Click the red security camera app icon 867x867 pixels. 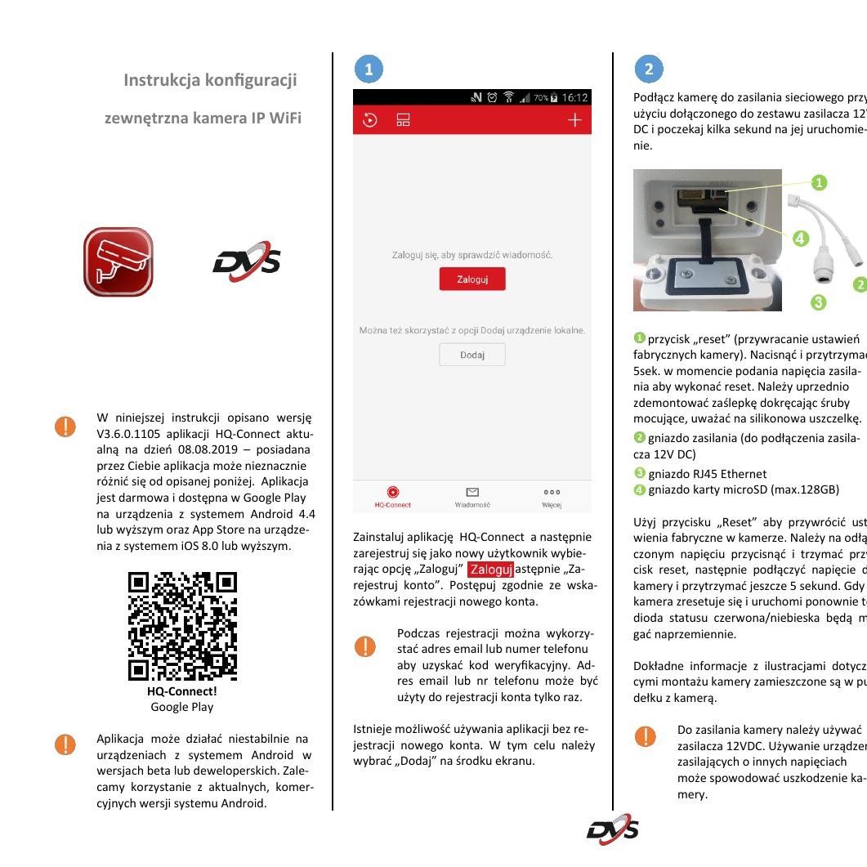point(118,262)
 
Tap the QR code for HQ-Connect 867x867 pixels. point(182,627)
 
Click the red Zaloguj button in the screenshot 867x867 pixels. point(472,279)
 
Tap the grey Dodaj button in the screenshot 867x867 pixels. point(472,355)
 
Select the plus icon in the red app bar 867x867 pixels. point(574,120)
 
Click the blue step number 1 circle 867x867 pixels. point(369,69)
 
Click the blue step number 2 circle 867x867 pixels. point(649,69)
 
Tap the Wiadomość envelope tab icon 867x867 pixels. point(472,492)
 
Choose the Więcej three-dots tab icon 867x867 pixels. point(552,492)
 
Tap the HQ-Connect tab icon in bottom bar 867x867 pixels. point(393,492)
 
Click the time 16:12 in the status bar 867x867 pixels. point(574,97)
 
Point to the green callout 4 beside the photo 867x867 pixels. point(800,239)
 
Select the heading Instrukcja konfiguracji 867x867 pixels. point(210,80)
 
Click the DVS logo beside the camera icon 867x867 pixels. point(247,262)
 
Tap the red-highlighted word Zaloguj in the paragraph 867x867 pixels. point(490,569)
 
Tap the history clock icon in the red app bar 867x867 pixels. point(370,120)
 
